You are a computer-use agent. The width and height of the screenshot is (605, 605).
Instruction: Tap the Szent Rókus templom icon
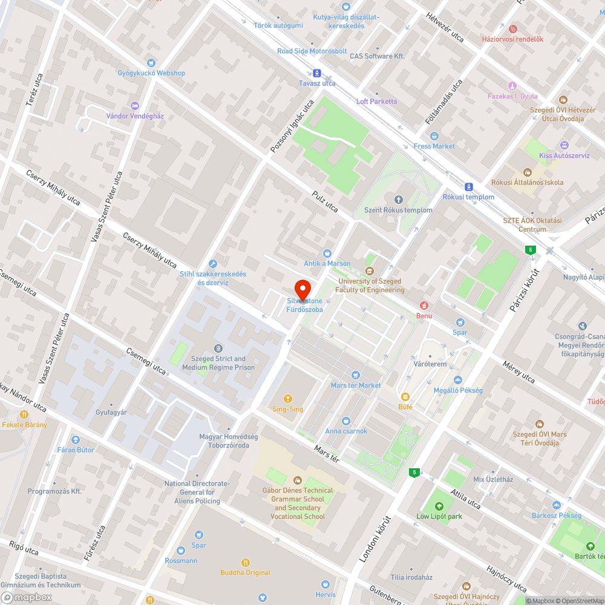pyautogui.click(x=398, y=200)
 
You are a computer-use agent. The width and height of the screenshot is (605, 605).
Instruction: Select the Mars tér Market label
pyautogui.click(x=356, y=385)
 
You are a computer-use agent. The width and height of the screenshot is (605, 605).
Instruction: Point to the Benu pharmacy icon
pyautogui.click(x=424, y=305)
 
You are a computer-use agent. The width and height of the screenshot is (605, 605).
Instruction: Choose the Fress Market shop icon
pyautogui.click(x=434, y=136)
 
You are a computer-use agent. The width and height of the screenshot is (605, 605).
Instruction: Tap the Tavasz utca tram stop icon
pyautogui.click(x=317, y=73)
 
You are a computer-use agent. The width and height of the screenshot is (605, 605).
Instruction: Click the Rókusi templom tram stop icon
pyautogui.click(x=468, y=186)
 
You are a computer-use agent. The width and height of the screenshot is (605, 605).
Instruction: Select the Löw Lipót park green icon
pyautogui.click(x=439, y=506)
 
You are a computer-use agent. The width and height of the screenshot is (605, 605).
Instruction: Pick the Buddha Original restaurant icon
pyautogui.click(x=245, y=562)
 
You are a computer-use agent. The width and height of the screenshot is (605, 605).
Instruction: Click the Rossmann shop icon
pyautogui.click(x=181, y=551)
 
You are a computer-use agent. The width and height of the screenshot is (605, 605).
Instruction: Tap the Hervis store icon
pyautogui.click(x=325, y=584)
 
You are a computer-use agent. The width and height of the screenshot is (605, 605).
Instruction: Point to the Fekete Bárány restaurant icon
pyautogui.click(x=24, y=414)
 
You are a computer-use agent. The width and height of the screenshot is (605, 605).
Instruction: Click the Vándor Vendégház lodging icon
pyautogui.click(x=135, y=105)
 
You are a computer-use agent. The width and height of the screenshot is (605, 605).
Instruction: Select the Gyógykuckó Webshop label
pyautogui.click(x=151, y=73)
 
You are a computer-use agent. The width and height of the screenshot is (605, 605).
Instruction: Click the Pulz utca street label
pyautogui.click(x=325, y=201)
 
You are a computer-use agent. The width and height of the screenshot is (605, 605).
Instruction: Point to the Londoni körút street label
pyautogui.click(x=376, y=539)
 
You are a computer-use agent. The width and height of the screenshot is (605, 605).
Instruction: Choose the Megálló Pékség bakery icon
pyautogui.click(x=458, y=380)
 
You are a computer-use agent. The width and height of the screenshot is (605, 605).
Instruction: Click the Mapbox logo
pyautogui.click(x=28, y=597)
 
